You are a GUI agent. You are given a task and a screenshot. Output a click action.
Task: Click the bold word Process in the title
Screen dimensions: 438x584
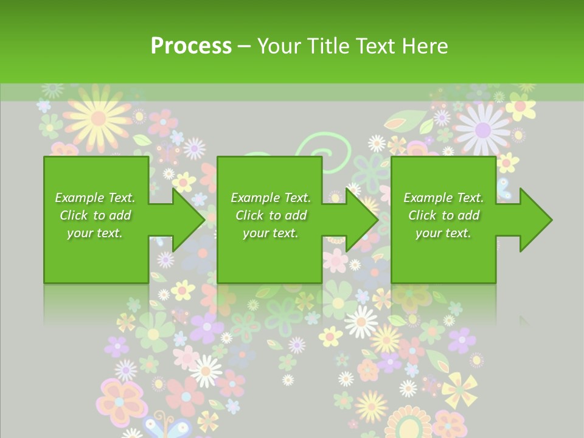tap(191, 46)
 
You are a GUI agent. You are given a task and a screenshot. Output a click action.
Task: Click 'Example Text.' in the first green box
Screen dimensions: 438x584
tap(95, 198)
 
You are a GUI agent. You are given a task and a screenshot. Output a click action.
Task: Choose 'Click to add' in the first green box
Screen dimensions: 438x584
tap(95, 215)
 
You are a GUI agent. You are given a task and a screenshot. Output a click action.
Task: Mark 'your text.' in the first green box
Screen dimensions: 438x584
tap(95, 233)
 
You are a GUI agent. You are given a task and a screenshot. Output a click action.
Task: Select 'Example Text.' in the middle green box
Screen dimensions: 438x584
tap(271, 198)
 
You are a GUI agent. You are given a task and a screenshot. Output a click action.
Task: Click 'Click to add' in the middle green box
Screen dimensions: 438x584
tap(271, 215)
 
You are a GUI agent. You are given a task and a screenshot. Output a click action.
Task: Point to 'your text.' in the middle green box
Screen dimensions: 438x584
tap(271, 233)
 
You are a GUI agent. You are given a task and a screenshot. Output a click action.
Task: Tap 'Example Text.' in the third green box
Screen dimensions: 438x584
tap(443, 198)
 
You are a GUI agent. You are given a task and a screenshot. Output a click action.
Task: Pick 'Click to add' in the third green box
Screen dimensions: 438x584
tap(443, 215)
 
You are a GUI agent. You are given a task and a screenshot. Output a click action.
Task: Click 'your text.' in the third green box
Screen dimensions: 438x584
tap(443, 233)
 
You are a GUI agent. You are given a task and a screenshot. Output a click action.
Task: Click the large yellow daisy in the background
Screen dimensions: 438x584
tap(97, 117)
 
